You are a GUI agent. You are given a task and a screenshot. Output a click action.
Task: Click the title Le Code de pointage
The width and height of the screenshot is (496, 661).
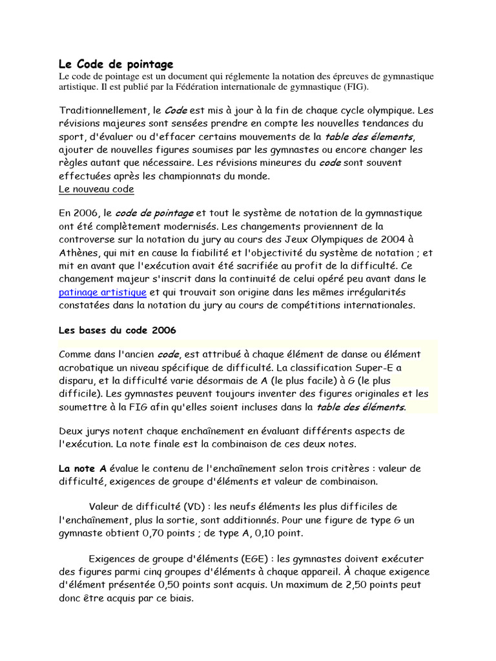click(x=116, y=64)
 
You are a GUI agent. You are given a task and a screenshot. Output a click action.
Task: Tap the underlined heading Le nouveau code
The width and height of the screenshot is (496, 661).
click(x=96, y=189)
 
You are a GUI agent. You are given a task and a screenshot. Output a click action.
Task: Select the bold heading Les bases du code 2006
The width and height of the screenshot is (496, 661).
click(x=117, y=330)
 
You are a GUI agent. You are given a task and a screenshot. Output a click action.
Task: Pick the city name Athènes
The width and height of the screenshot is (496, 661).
click(x=79, y=252)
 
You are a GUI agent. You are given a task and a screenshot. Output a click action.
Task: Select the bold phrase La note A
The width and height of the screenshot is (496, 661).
click(x=83, y=468)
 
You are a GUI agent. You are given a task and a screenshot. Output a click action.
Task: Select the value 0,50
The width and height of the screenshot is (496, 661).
click(x=172, y=584)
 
